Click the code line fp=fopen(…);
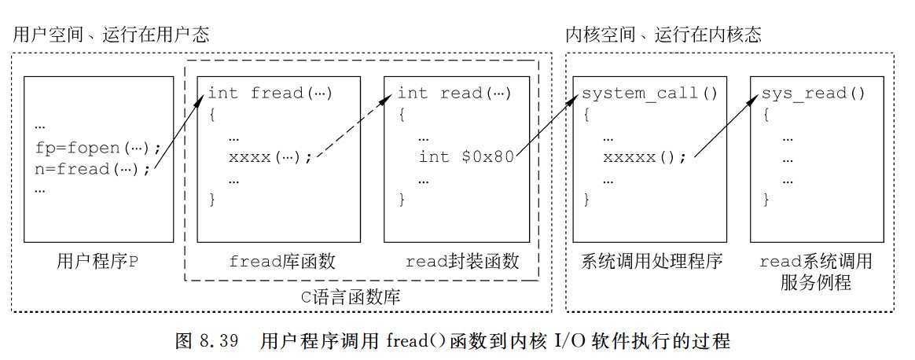click(x=98, y=147)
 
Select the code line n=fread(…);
click(x=93, y=168)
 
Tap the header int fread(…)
click(x=270, y=94)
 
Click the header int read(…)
click(x=454, y=94)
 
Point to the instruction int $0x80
click(x=466, y=156)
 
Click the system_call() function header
click(x=650, y=94)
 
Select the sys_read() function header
click(x=813, y=94)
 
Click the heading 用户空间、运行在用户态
click(x=111, y=35)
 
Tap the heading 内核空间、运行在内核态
click(x=663, y=35)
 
